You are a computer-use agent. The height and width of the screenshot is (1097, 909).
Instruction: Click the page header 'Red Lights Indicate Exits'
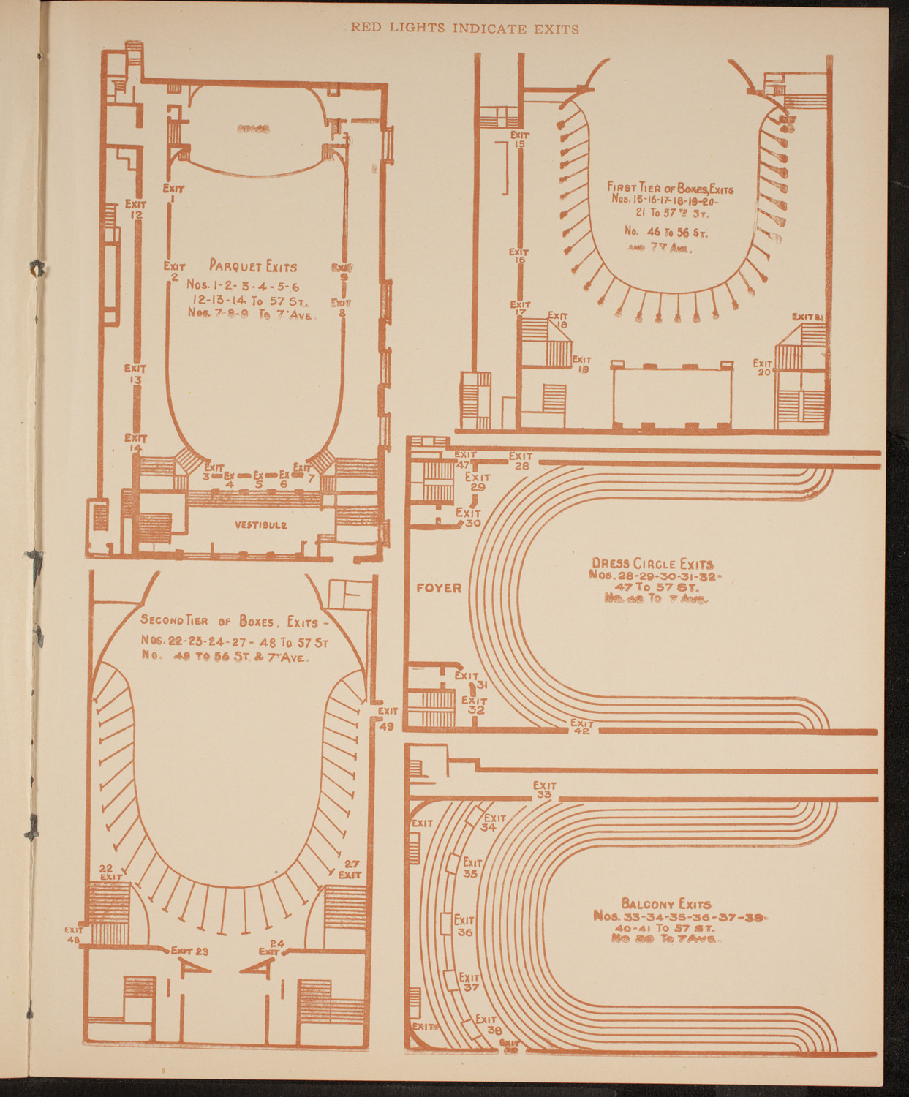tap(464, 29)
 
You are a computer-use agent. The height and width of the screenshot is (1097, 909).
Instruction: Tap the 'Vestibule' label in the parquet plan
tap(260, 525)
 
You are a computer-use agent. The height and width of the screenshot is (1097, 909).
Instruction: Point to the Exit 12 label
tap(136, 209)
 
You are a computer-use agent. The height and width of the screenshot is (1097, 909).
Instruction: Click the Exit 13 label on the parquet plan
tap(135, 374)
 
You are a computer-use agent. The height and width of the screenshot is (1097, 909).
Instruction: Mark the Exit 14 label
tap(136, 443)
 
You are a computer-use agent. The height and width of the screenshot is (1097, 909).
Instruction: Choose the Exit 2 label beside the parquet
tap(174, 271)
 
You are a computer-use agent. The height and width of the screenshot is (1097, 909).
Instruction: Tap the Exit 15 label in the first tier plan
tap(520, 139)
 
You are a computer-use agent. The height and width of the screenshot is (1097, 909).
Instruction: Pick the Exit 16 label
tap(519, 256)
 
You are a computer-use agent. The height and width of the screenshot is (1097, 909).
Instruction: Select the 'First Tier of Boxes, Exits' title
tap(670, 187)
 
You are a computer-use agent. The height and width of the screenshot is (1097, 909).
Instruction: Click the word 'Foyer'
tap(439, 588)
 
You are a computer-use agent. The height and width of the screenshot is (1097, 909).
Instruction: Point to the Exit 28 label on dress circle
tap(521, 461)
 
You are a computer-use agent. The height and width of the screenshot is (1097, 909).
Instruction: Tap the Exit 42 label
tap(582, 727)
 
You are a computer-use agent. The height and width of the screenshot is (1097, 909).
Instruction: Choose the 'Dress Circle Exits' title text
tap(652, 564)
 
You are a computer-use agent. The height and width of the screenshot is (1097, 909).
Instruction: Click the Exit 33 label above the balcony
tap(544, 790)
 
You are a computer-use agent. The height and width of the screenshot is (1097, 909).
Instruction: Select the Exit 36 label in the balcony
tap(464, 926)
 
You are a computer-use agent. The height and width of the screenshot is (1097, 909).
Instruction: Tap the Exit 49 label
tap(388, 717)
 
